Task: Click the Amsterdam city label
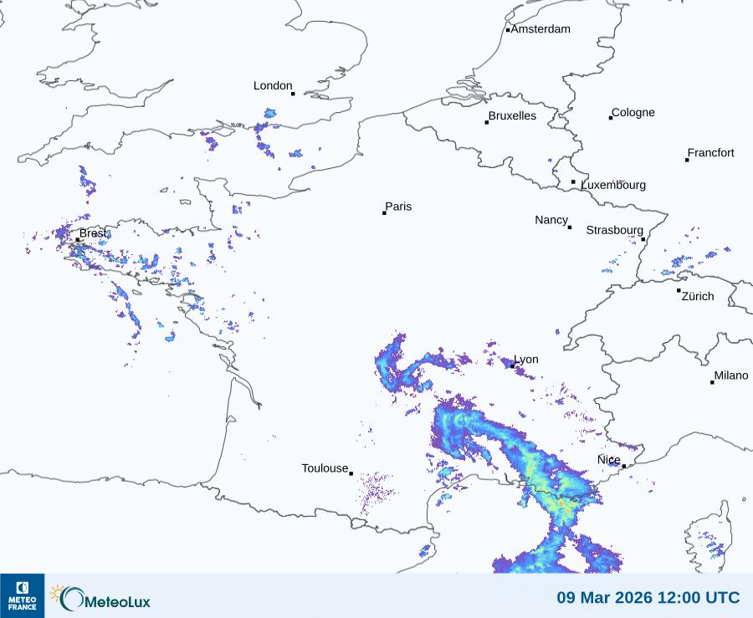coord(540,29)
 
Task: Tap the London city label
coord(273,85)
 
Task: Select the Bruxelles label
coord(512,116)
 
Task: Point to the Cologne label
coord(633,113)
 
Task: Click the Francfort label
coord(711,153)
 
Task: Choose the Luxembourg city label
coord(613,185)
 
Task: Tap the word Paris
coord(398,207)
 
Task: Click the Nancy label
coord(551,220)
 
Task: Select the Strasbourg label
coord(615,230)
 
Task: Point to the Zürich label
coord(698,296)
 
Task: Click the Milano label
coord(731,375)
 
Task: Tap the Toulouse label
coord(325,468)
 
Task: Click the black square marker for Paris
coord(384,213)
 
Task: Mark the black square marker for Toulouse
coord(351,473)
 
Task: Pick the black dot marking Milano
coord(712,382)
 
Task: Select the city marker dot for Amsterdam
coord(508,30)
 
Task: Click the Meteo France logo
coord(22,595)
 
